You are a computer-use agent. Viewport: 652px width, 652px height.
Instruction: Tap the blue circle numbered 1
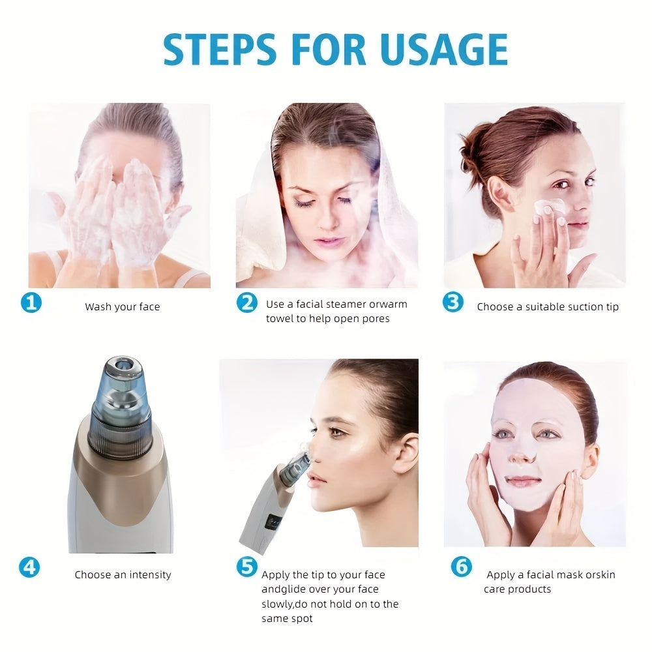click(x=31, y=303)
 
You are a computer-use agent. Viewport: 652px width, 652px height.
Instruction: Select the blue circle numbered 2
click(x=246, y=303)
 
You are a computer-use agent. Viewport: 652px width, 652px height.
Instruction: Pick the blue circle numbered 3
click(x=452, y=303)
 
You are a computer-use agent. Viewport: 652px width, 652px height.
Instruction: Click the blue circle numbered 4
click(x=29, y=567)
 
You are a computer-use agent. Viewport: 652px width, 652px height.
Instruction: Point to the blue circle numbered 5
click(x=246, y=567)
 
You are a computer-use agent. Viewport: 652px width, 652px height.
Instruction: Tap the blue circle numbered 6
click(x=461, y=567)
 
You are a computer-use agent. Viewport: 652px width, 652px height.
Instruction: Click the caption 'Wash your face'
click(x=122, y=306)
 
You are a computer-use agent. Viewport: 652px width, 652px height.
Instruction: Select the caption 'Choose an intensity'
click(x=123, y=574)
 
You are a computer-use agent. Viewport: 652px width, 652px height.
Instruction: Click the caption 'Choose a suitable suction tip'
click(x=548, y=306)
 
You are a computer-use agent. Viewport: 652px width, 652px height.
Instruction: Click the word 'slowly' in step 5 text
click(x=278, y=604)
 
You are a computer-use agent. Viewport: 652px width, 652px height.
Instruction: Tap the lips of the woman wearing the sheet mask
click(x=523, y=481)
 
